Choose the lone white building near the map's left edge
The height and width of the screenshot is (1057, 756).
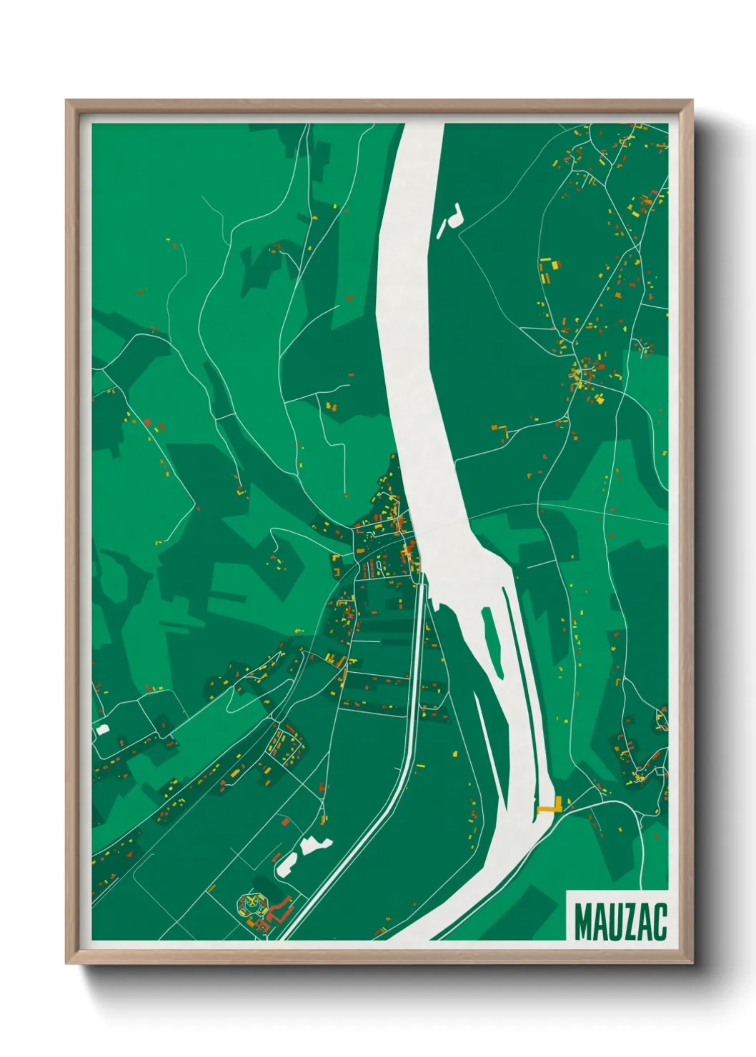point(103,729)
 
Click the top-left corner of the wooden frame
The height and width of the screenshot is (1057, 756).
point(67,101)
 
